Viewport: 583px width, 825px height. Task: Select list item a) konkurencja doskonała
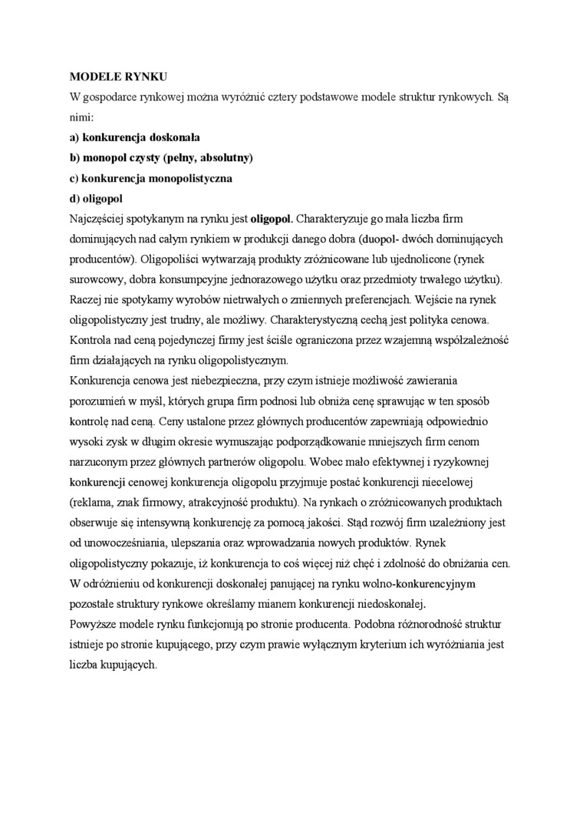tap(135, 137)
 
